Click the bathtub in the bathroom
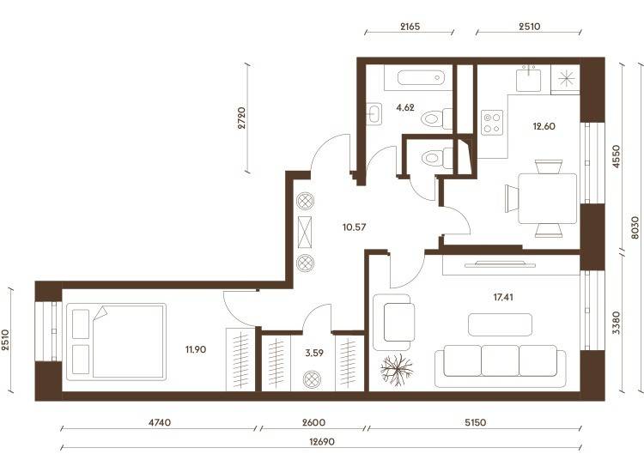tap(421, 77)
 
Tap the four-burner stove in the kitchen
tap(492, 123)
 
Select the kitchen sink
tap(528, 79)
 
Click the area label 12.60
tap(544, 126)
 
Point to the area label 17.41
tap(502, 297)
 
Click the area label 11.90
tap(196, 349)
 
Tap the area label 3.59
tap(314, 353)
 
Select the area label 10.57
tap(354, 227)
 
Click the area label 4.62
tap(405, 108)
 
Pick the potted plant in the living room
tap(397, 370)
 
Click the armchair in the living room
tap(392, 322)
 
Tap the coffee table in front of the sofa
tap(501, 324)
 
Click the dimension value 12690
tap(322, 442)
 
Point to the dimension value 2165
tap(410, 27)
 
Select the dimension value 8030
tap(635, 228)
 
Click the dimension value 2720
tap(241, 118)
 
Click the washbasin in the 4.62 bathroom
tap(374, 113)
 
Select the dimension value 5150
tap(475, 422)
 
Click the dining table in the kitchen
tap(548, 198)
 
